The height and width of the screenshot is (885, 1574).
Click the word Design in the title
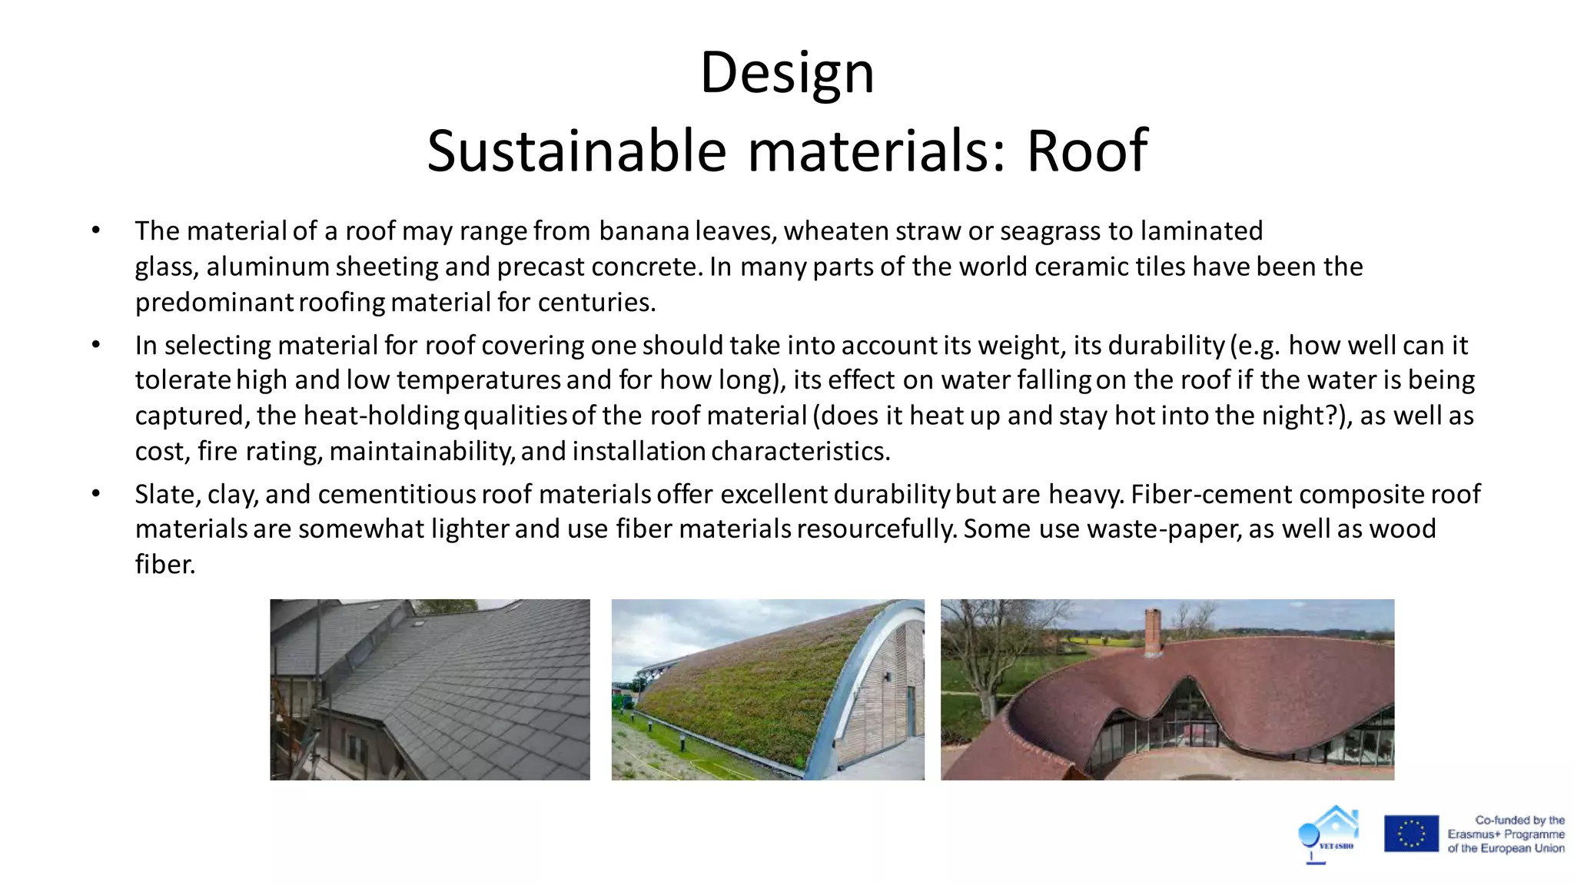[787, 73]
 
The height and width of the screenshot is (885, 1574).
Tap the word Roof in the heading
[1087, 151]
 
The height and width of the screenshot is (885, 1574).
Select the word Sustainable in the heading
[576, 151]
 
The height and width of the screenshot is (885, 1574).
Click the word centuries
[596, 303]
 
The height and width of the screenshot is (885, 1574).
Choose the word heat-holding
[381, 416]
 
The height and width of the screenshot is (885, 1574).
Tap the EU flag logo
[1411, 834]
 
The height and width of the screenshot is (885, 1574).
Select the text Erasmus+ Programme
[1506, 834]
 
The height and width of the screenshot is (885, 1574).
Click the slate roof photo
[430, 689]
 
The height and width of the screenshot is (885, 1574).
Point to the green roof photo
[767, 689]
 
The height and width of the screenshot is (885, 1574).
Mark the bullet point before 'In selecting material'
[96, 345]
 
